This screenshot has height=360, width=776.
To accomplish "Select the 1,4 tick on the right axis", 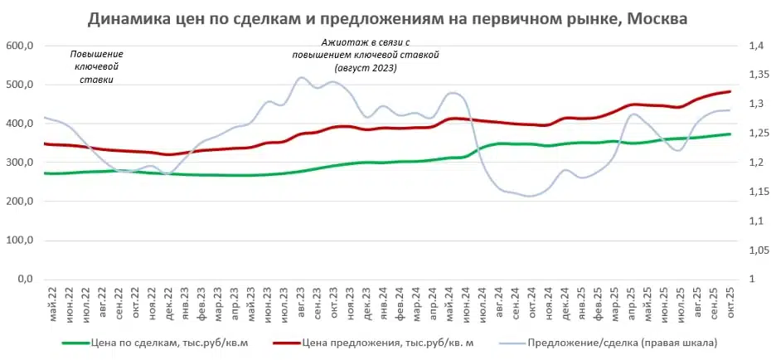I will tap(755, 46).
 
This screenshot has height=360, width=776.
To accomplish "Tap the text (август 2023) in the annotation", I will tap(366, 68).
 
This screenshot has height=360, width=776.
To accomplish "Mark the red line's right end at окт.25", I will tap(730, 91).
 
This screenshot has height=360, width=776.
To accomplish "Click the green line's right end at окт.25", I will tap(730, 134).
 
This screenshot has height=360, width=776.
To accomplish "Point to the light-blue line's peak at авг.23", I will tap(300, 78).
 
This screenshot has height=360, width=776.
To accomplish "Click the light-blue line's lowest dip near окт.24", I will tap(529, 197).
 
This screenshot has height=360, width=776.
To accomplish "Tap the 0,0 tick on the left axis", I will tap(22, 280).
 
